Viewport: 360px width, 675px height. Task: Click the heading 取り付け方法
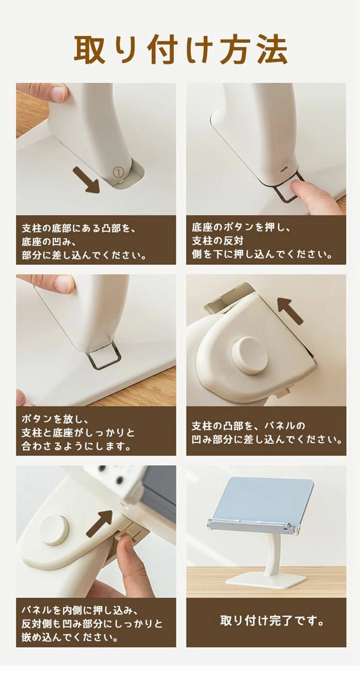pyautogui.click(x=181, y=50)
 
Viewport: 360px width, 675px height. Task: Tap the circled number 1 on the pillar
pyautogui.click(x=119, y=172)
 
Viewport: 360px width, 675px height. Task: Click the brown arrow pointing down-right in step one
pyautogui.click(x=86, y=180)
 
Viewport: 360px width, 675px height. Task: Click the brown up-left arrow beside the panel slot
pyautogui.click(x=290, y=311)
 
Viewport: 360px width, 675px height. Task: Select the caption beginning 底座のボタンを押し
pyautogui.click(x=262, y=241)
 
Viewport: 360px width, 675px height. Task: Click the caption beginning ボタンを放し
pyautogui.click(x=78, y=433)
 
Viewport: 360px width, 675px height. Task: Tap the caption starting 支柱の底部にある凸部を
pyautogui.click(x=84, y=242)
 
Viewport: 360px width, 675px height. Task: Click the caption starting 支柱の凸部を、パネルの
pyautogui.click(x=267, y=433)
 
